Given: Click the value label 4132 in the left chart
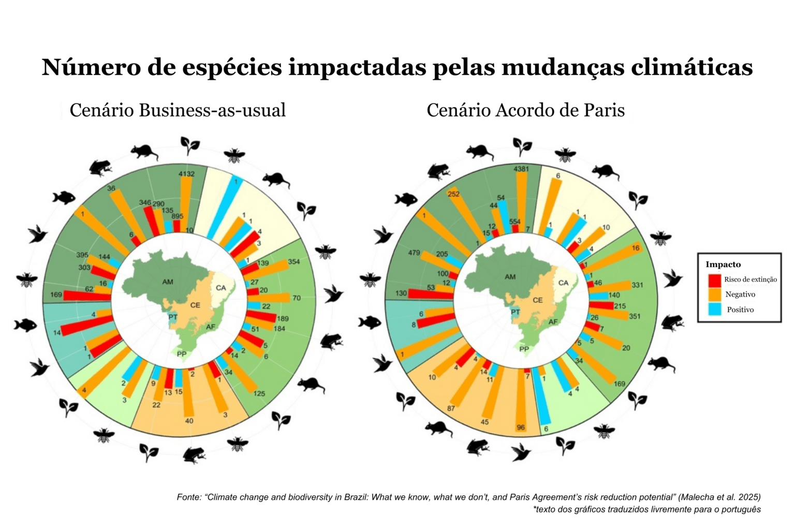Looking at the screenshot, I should coord(186,174).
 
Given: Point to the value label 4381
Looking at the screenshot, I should coord(521,169).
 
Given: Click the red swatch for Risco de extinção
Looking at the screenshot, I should coord(714,280).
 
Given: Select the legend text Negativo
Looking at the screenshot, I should coord(740,295).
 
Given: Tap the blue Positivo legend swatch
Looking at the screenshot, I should coord(714,310).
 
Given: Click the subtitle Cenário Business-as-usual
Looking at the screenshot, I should coord(178,110).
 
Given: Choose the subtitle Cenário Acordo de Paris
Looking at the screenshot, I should coord(525,110).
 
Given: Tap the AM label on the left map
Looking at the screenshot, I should coord(167,282).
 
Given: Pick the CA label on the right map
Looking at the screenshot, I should coord(563,283).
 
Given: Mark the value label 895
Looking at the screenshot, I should coord(177,216).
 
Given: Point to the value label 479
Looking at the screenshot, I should coord(414,253).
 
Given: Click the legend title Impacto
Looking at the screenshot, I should coord(723,264).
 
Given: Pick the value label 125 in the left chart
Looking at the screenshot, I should coord(259,393).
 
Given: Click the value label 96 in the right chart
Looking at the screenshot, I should coord(521,428).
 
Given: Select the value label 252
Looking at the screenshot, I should coord(453,194).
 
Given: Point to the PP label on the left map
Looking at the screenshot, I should coord(181,354).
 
